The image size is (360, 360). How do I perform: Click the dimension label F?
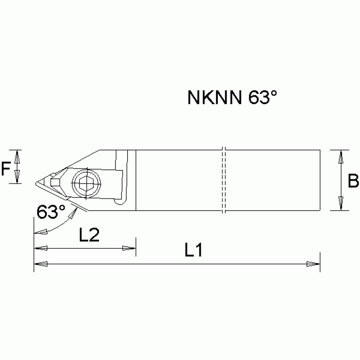click(x=6, y=168)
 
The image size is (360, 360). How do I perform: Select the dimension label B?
click(x=353, y=180)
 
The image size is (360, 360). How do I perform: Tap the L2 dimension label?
click(x=89, y=235)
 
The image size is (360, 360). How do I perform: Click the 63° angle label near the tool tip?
click(x=51, y=213)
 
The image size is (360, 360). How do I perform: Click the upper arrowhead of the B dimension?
click(x=341, y=156)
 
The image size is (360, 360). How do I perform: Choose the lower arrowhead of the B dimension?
click(x=341, y=205)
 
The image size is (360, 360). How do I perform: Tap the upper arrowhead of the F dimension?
click(x=17, y=156)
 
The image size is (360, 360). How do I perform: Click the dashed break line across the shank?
click(x=224, y=180)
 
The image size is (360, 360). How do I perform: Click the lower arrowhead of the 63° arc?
click(x=40, y=232)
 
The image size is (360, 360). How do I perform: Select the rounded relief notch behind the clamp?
click(x=120, y=201)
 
